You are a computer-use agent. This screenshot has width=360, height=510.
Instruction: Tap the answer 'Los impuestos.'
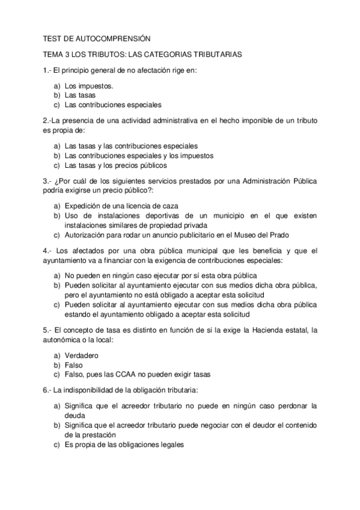[88, 85]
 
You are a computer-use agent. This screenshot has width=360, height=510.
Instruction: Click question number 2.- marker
[47, 120]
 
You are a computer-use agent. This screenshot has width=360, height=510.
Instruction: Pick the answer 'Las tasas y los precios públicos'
[115, 165]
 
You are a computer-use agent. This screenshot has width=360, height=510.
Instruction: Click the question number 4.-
[47, 250]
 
